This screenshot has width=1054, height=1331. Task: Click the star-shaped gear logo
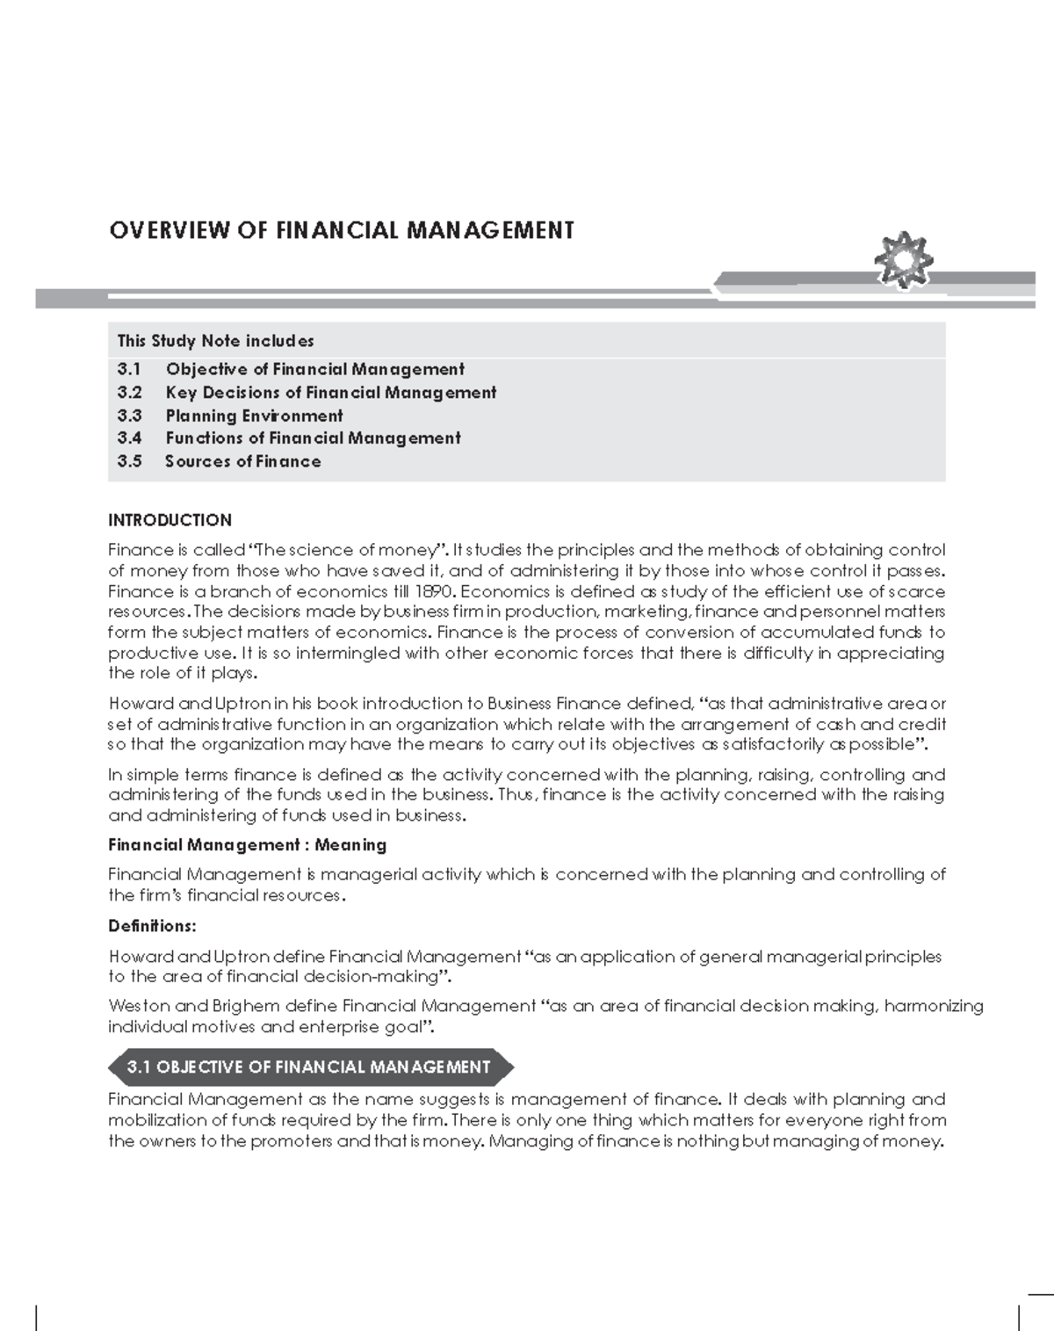[x=904, y=261]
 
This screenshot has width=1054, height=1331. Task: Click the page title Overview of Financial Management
[x=342, y=231]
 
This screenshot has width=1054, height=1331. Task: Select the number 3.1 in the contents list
[x=129, y=370]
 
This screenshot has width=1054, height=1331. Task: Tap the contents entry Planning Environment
[x=254, y=416]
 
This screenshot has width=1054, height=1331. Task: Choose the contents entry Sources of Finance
[x=243, y=461]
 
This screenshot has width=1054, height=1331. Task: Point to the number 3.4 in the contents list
[x=129, y=438]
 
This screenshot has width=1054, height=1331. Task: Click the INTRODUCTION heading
[x=170, y=520]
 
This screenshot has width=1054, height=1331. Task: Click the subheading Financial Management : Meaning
[x=247, y=845]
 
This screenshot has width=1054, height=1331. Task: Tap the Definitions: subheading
[x=152, y=926]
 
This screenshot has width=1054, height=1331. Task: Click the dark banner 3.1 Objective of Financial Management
[x=308, y=1067]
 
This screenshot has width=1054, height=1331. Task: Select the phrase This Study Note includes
[x=215, y=341]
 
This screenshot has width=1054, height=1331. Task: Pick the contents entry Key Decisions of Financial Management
[x=330, y=393]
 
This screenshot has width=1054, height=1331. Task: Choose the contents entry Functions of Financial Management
[x=313, y=438]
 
